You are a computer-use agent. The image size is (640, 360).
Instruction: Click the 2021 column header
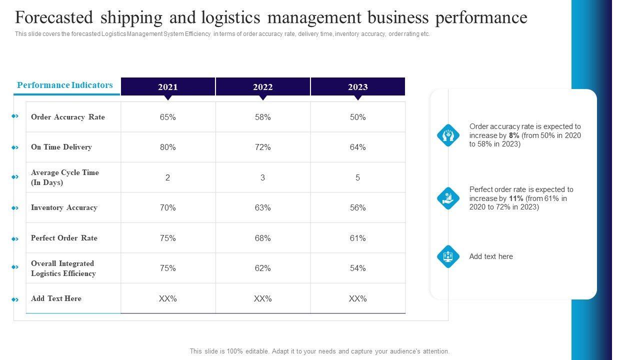pos(168,87)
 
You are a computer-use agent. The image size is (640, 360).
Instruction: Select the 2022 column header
pos(263,87)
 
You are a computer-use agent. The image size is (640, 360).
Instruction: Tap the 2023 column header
pos(358,87)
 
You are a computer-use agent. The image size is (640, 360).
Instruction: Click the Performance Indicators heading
pos(65,85)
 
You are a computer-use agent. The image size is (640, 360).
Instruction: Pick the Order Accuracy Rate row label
pos(68,117)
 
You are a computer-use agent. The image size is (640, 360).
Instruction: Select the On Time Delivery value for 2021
pos(168,147)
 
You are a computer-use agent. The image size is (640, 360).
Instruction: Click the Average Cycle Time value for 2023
pos(358,177)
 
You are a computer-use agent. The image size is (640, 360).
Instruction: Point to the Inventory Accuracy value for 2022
pos(263,207)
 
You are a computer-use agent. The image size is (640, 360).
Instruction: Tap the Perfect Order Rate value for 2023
pos(358,238)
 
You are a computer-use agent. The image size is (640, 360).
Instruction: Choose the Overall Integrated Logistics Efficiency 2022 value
pos(263,268)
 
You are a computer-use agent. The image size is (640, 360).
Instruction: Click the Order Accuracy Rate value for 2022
pos(263,117)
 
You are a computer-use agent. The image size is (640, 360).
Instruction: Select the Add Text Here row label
pos(56,298)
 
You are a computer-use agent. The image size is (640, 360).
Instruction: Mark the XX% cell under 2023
pos(358,298)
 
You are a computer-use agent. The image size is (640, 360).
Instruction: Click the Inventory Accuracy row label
pos(64,207)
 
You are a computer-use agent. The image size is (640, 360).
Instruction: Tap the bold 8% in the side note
pos(514,135)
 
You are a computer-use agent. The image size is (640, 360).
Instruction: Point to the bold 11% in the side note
pos(516,198)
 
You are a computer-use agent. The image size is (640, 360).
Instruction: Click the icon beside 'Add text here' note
pos(448,256)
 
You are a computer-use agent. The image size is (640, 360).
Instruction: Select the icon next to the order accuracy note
pos(448,135)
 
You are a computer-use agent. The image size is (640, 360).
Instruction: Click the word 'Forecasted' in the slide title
pos(54,17)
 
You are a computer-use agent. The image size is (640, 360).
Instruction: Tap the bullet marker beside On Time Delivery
pos(15,147)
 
